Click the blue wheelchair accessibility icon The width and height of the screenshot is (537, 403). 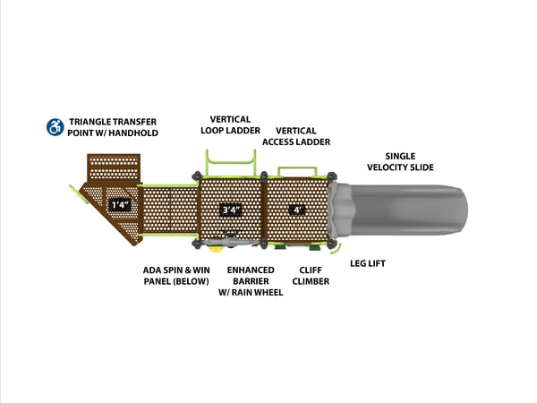coord(55,126)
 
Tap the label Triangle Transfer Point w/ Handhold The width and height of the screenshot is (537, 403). coord(113,126)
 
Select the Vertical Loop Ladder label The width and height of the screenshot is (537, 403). coord(230,124)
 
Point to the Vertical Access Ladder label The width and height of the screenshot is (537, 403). coord(295,136)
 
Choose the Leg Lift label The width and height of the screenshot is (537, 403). coord(367,262)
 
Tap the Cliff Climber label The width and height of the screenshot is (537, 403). coord(311,275)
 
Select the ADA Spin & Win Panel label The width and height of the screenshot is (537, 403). coord(175,275)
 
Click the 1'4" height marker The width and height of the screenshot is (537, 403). coord(119,205)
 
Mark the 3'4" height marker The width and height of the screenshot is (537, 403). coord(231,210)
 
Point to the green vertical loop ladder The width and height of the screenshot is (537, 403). coord(231,162)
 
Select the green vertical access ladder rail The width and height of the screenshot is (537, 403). coord(297,169)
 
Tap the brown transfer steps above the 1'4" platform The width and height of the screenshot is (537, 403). coord(114,167)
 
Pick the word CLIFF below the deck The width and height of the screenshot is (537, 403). coord(311,269)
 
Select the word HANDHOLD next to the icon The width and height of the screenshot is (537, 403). coord(136,133)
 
